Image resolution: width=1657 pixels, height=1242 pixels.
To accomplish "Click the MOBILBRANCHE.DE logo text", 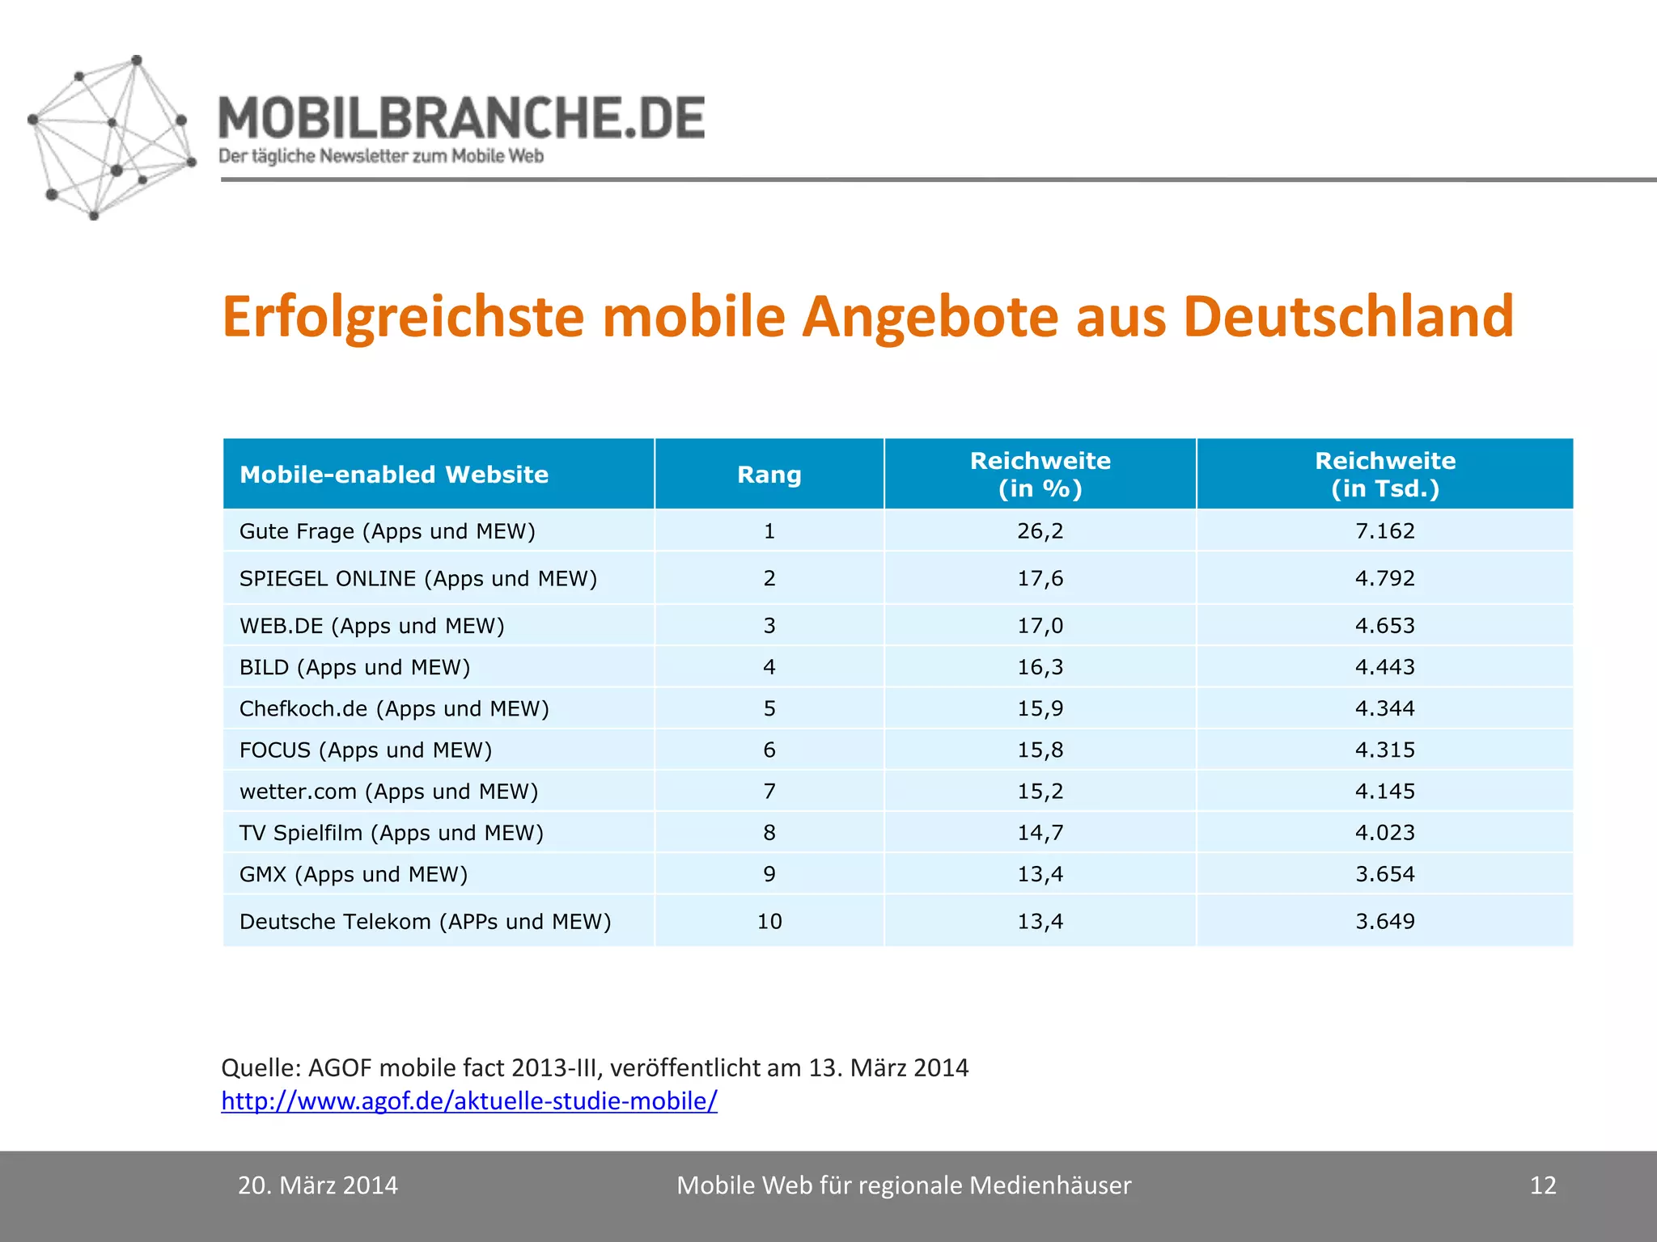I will [x=461, y=119].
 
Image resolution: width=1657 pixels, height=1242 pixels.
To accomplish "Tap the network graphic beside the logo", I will [x=111, y=137].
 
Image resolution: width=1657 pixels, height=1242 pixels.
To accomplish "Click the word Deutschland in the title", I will [x=1348, y=317].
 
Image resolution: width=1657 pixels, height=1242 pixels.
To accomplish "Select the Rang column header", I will [x=769, y=475].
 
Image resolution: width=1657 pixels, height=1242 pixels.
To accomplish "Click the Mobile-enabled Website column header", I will [x=394, y=475].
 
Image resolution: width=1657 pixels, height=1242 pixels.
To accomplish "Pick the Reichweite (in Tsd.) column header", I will [x=1384, y=475].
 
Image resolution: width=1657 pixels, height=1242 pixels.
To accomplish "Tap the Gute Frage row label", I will [x=387, y=531].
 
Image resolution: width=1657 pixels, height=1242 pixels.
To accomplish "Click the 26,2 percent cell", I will [x=1040, y=531].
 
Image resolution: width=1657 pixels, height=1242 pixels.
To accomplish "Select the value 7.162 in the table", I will [x=1384, y=531].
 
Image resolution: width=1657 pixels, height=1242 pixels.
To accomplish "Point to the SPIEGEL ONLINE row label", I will [x=417, y=578].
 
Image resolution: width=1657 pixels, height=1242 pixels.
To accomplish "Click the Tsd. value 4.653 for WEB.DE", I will [x=1384, y=625].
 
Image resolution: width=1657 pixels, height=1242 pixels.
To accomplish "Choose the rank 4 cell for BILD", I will [x=769, y=667].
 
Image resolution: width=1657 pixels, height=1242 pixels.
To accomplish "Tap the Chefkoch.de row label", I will [x=394, y=708].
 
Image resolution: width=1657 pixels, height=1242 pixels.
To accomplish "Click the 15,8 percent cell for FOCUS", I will [x=1040, y=750].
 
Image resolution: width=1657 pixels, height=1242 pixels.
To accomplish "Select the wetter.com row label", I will [x=388, y=791].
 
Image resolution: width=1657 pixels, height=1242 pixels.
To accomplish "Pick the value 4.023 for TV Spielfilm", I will [x=1384, y=832].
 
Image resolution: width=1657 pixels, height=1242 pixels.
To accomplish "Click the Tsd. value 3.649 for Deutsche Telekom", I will [x=1384, y=921].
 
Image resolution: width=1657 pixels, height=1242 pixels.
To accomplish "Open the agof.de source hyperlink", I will [x=468, y=1100].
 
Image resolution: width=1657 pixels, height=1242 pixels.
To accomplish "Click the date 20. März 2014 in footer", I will [x=317, y=1185].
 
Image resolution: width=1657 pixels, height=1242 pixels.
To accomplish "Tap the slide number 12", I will [x=1542, y=1185].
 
